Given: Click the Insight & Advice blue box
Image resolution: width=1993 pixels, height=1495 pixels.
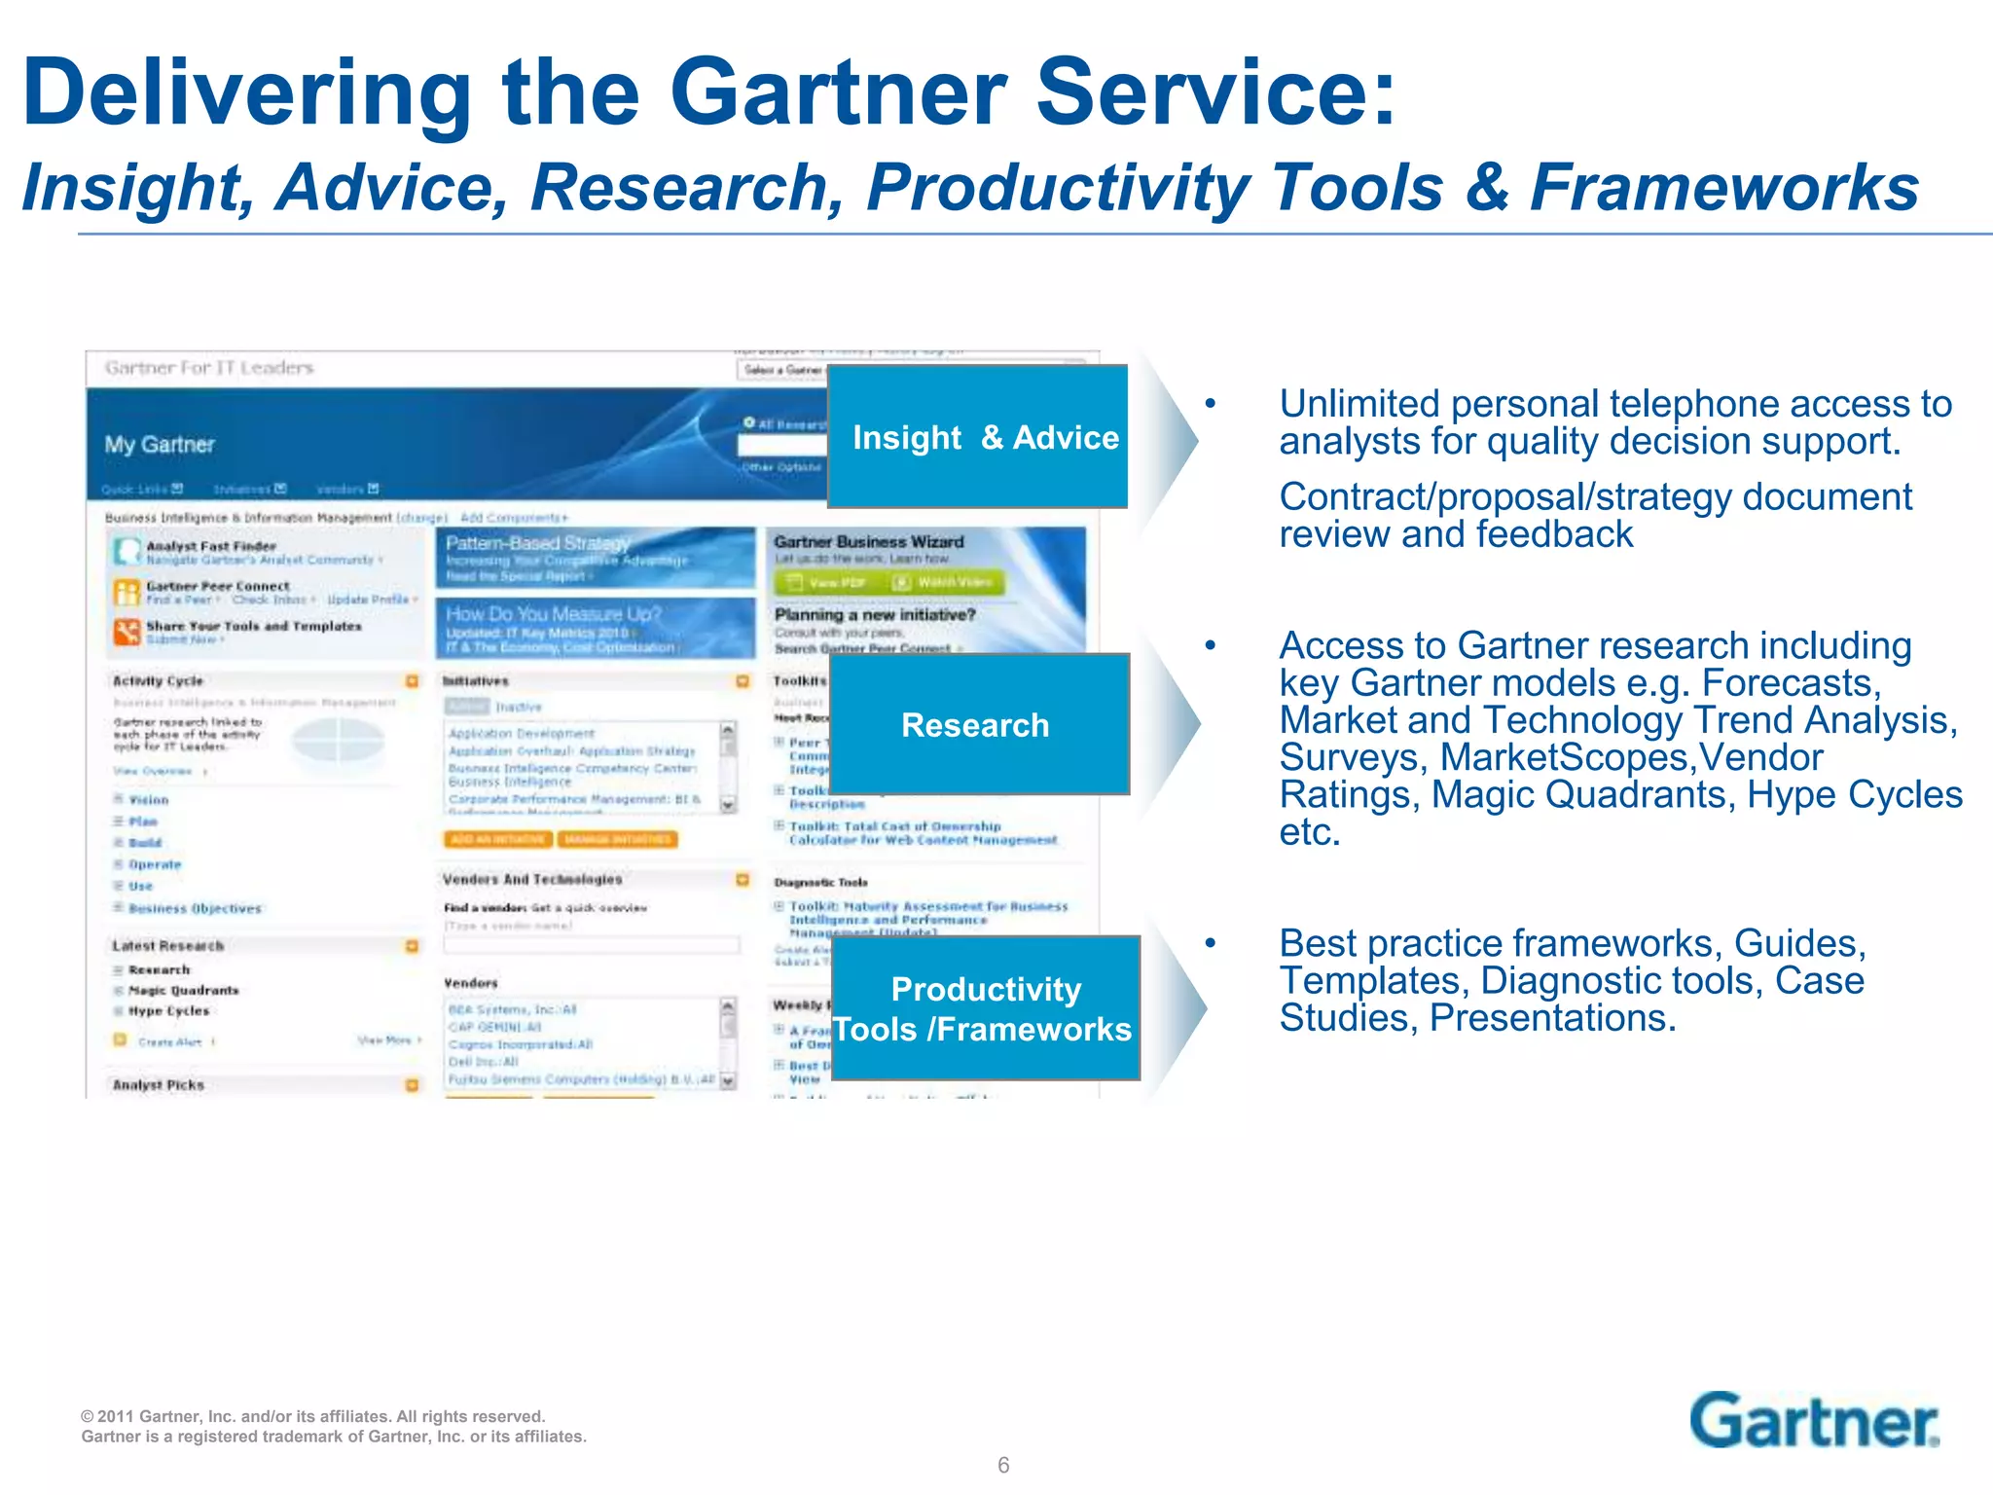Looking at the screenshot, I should click(x=977, y=437).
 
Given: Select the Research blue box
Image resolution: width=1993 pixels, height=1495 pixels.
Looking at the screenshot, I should click(x=978, y=724).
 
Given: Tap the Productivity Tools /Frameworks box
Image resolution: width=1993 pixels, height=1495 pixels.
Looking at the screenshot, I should click(x=985, y=1008).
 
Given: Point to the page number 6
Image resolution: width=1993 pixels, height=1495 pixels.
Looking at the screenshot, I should click(x=1003, y=1465).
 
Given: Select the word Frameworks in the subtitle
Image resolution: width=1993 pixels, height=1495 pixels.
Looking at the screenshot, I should click(x=1723, y=187).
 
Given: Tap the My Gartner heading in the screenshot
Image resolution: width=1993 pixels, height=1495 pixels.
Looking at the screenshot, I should click(x=160, y=445).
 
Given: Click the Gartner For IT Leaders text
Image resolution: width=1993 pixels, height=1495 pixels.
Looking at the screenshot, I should click(x=209, y=368).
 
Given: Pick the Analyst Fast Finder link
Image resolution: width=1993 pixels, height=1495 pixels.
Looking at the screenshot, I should click(x=211, y=546).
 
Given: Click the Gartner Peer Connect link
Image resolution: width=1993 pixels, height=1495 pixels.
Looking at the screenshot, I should click(x=218, y=586).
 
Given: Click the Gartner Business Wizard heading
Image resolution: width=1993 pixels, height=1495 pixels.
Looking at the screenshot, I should click(x=868, y=541).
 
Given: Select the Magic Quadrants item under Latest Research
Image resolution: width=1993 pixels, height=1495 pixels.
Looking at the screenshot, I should click(x=183, y=990).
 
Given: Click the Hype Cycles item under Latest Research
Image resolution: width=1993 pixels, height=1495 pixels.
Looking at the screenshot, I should click(x=168, y=1011).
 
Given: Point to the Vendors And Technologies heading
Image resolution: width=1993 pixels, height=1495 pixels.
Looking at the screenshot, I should click(x=532, y=879).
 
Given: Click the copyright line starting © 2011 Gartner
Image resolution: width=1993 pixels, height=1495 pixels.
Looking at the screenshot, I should click(x=313, y=1416).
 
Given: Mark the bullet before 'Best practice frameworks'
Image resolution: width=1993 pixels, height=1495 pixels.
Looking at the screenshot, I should click(x=1210, y=943).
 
